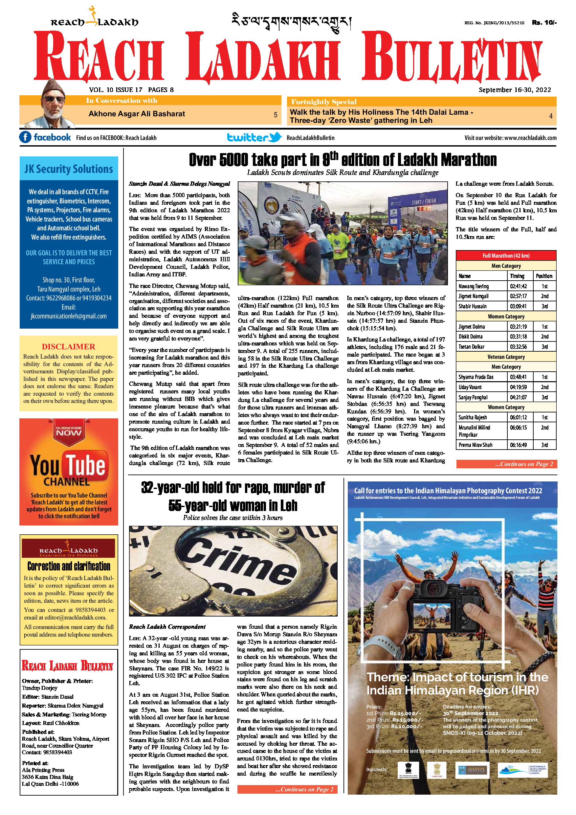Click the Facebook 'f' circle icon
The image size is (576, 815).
25,137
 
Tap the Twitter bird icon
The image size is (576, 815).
275,137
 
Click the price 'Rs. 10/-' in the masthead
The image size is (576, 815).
544,23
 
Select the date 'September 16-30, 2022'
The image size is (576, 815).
515,90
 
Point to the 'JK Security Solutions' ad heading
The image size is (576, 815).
69,169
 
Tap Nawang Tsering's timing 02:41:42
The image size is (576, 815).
518,286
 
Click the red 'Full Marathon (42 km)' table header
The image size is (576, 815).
506,256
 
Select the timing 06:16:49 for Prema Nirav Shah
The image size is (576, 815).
518,445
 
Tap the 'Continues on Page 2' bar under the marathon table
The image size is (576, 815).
506,464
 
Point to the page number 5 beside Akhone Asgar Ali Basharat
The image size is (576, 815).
275,115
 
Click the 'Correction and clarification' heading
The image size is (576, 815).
69,566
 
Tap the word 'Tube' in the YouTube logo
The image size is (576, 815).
85,465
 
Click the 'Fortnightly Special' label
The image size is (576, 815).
323,102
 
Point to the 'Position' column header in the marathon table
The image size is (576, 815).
544,276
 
